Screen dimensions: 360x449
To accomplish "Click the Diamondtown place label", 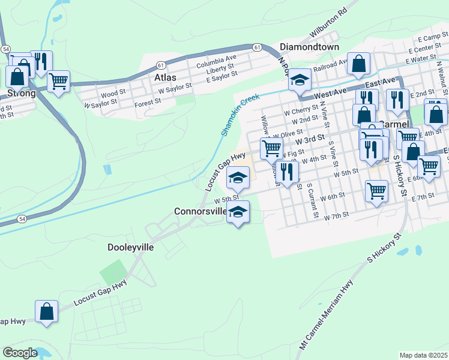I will click(x=310, y=47).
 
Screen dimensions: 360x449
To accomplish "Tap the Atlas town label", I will click(x=165, y=77).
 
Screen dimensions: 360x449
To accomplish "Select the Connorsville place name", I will click(x=200, y=211).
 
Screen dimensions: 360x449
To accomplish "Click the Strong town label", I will click(x=21, y=94).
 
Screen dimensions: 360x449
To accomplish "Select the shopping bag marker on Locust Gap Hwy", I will click(x=46, y=311).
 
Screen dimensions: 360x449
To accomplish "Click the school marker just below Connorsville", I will click(x=238, y=212).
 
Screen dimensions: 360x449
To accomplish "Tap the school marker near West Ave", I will click(x=299, y=80).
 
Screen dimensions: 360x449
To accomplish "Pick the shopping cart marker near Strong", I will click(x=58, y=80).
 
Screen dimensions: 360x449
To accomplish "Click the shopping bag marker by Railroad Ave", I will click(x=358, y=63).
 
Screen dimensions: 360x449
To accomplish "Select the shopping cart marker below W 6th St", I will click(x=376, y=191).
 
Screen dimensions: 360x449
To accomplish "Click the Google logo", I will click(x=20, y=353).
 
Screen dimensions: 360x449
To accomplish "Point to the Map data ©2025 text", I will click(x=423, y=355).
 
